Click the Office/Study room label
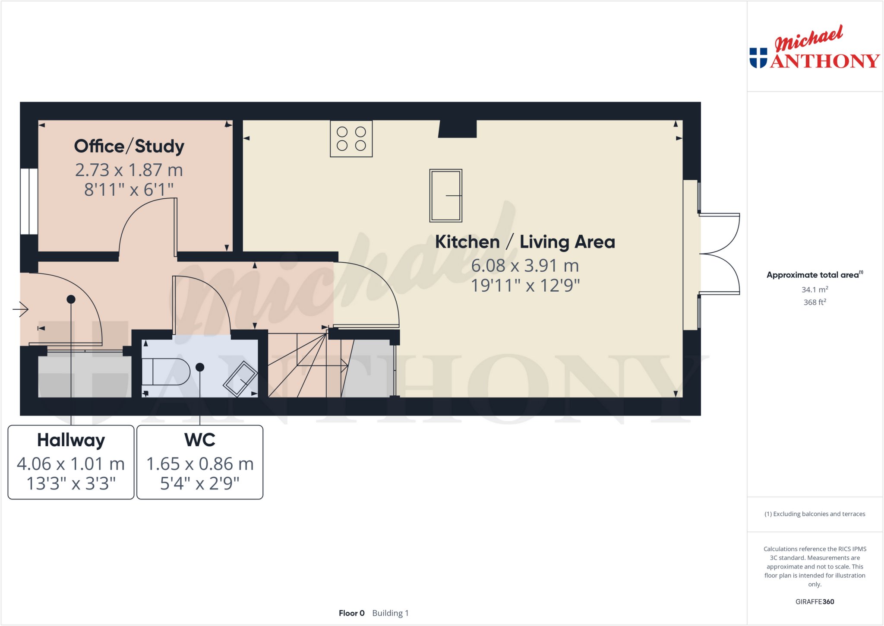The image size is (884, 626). point(129,146)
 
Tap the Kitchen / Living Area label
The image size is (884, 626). point(524,242)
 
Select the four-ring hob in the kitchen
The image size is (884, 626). point(351,139)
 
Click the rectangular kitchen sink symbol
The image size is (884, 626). point(445,196)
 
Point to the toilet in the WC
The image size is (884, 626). point(166,372)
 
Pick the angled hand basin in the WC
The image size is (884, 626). point(240,378)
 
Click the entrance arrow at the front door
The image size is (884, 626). point(20,309)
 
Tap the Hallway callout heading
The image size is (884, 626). point(71,440)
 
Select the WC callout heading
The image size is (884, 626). point(199,440)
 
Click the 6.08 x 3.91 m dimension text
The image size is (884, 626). point(524,266)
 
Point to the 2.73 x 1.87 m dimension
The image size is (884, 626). point(129,170)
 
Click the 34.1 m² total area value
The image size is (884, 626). point(815,289)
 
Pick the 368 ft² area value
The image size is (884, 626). point(815,302)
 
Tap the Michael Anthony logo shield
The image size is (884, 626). point(758,58)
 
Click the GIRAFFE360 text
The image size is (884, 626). point(815,601)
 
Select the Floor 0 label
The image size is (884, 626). point(351,613)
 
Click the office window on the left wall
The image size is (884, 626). point(29,201)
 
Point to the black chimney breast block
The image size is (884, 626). point(458,129)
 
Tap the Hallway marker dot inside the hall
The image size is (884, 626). point(71,299)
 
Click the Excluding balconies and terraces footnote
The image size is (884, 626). point(815,514)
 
